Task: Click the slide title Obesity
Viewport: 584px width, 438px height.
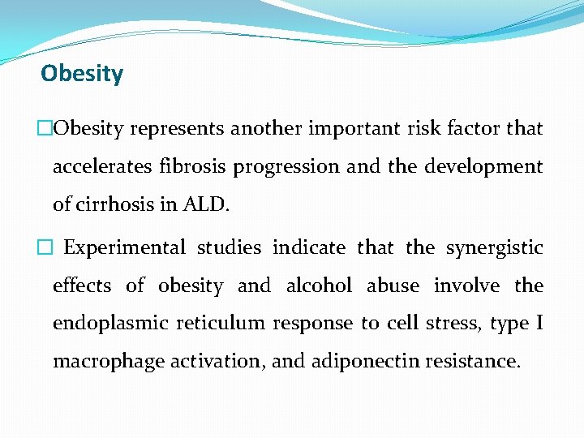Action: coord(82,74)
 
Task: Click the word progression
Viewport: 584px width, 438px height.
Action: coord(286,168)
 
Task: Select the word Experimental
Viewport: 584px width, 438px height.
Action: coord(125,248)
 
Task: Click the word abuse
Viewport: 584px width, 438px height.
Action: coord(393,286)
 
